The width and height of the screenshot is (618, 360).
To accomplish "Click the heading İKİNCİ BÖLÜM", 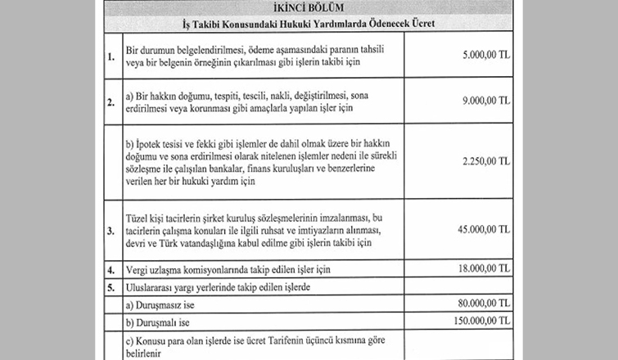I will click(308, 8).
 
